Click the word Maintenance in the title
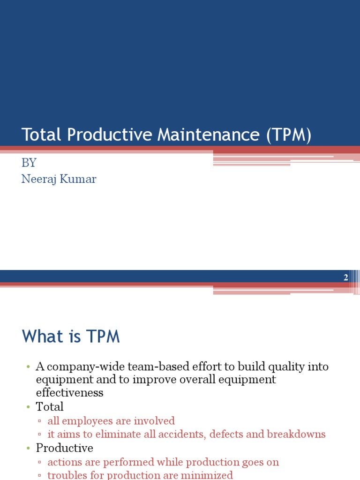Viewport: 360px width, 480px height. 208,135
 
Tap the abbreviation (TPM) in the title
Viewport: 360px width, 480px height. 289,135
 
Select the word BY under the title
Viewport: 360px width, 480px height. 29,163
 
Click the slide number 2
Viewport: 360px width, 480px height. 346,277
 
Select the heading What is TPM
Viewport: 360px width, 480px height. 71,337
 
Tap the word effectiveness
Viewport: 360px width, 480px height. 69,393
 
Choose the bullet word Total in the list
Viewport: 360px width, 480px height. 50,406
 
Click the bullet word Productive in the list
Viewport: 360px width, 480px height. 65,448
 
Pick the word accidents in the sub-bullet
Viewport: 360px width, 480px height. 180,434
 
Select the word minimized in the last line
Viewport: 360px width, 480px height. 206,475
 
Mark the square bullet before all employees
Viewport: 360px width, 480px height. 41,421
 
